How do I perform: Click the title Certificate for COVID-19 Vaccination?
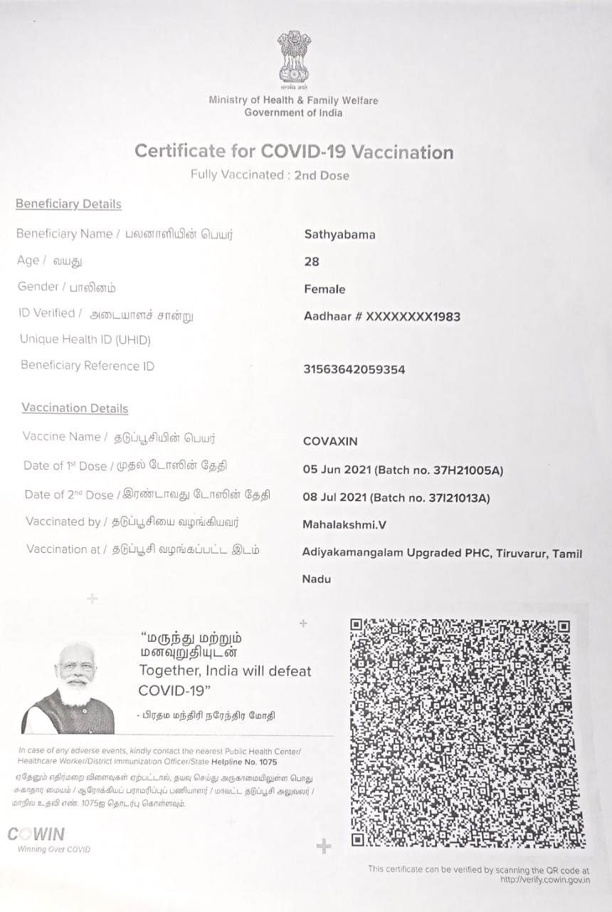coord(294,152)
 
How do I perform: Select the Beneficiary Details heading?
coord(68,204)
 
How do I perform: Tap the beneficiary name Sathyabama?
coord(339,234)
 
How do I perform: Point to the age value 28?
coord(312,261)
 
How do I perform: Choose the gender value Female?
coord(325,289)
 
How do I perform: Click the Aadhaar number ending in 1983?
coord(381,316)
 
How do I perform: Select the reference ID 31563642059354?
coord(354,370)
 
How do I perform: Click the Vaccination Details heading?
coord(75,408)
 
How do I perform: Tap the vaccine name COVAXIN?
coord(330,441)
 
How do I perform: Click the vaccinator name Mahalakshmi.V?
coord(344,525)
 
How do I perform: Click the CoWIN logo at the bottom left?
coord(37,834)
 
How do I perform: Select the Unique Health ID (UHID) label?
coord(85,340)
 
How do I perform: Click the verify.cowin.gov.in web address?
coord(544,880)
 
